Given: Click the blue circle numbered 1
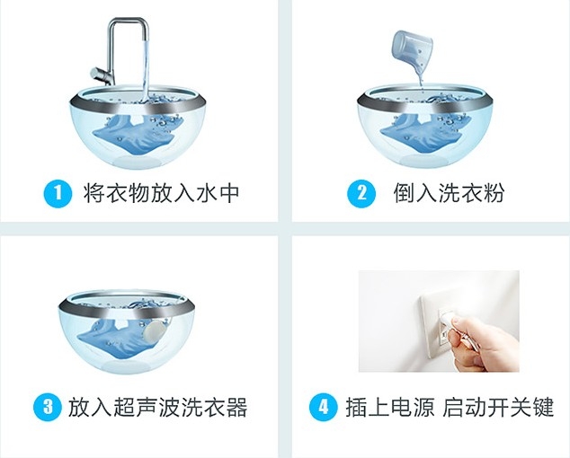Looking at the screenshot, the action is tap(58, 194).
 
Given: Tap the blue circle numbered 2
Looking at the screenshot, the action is tap(361, 194).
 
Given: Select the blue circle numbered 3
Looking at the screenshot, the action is tap(48, 407).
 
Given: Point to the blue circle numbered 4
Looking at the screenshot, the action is tap(323, 407).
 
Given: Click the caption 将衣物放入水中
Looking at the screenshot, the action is tap(161, 193).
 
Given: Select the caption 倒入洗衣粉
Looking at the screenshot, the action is tap(449, 193).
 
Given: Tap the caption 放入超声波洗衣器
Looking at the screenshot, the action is tap(157, 407).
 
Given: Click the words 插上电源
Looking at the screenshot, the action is tap(389, 407).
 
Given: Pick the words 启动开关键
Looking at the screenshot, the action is tap(498, 407).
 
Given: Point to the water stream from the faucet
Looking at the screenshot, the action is tap(147, 69).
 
